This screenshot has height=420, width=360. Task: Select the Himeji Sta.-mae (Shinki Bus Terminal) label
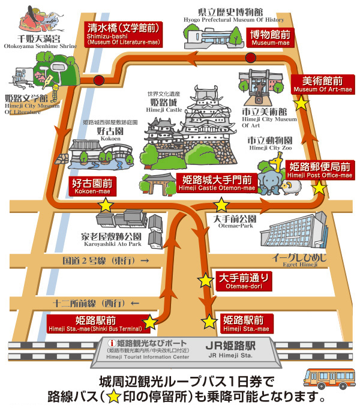(95, 323)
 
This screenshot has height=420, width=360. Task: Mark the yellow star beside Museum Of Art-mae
(301, 103)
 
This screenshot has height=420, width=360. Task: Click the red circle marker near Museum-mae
(250, 58)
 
